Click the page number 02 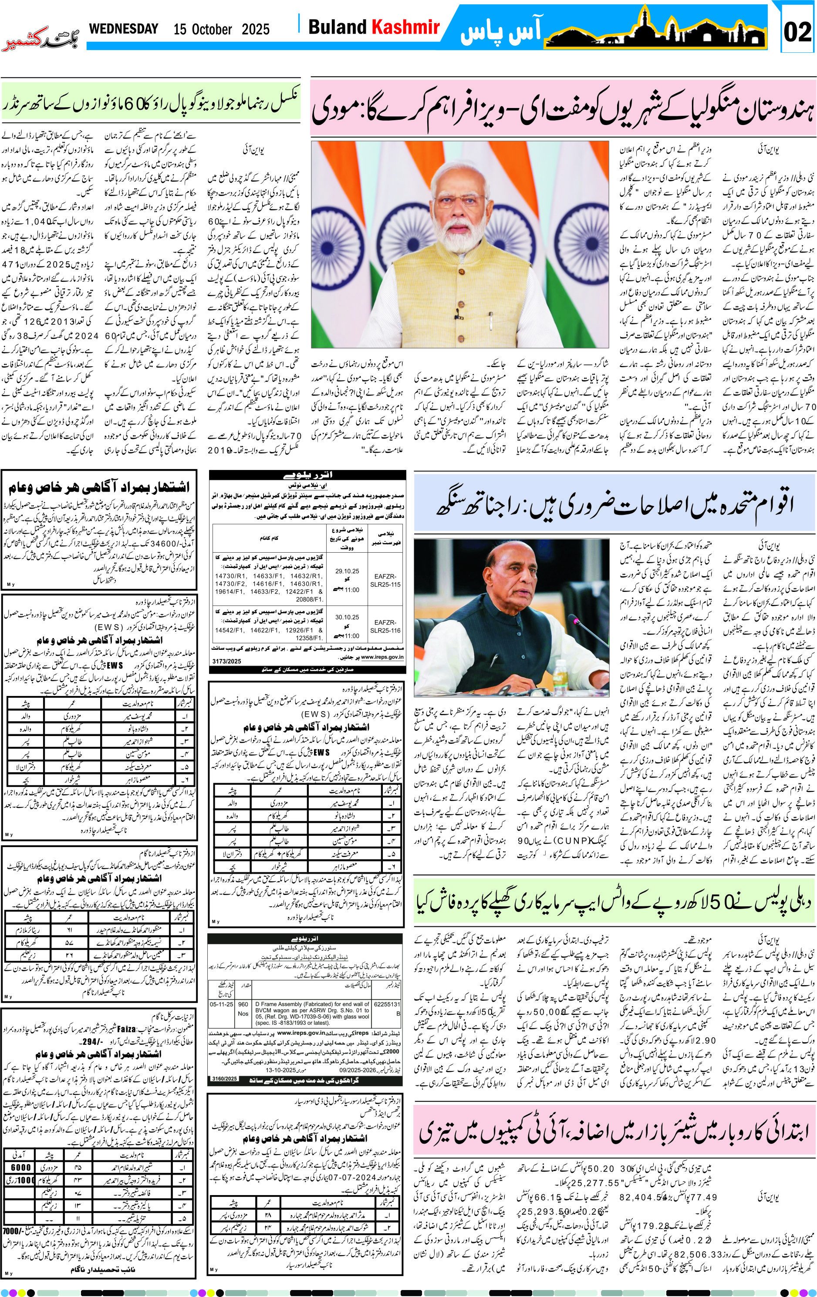coord(797,31)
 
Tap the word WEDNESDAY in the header coord(123,29)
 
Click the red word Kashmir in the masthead coord(405,27)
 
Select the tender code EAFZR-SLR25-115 coord(385,580)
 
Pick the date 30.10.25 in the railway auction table coord(347,617)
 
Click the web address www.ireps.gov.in coord(382,657)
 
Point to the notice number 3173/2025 coord(227,661)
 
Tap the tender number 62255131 coord(386,1004)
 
